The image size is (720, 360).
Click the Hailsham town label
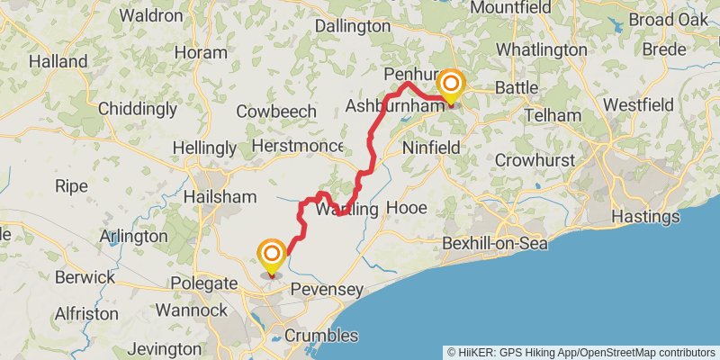214,195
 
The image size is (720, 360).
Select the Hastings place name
645,217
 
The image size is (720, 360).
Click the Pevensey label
326,291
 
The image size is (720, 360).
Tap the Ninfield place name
431,147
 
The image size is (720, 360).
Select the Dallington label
353,26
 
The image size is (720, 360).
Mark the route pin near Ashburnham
450,87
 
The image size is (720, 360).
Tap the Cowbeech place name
276,112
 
